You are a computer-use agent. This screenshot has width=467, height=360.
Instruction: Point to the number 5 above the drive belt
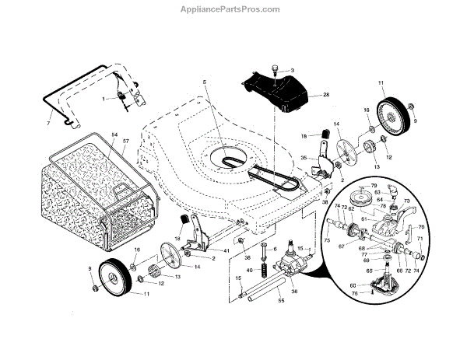tap(203, 82)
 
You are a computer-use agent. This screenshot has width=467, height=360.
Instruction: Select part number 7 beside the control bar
tap(48, 124)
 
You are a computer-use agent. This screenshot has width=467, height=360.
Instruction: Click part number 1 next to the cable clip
tap(103, 99)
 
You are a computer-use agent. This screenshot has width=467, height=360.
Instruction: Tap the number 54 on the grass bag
tap(114, 135)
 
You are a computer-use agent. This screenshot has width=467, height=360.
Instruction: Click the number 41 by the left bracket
tap(226, 250)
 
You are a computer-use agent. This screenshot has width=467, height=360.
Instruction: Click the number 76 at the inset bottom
tap(356, 293)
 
